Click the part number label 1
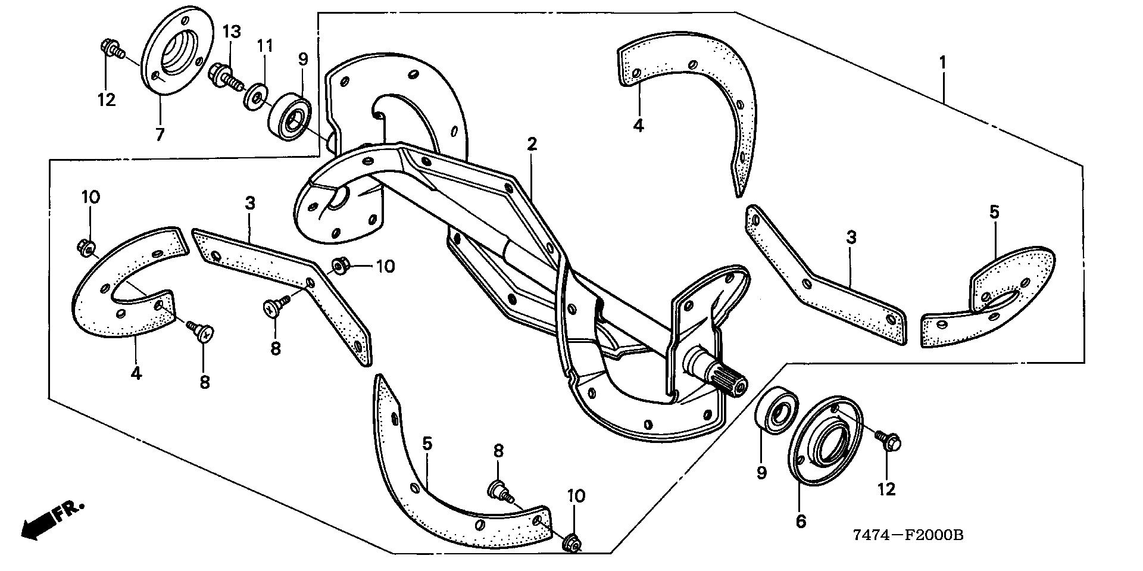click(942, 62)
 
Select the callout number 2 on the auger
click(532, 143)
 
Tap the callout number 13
click(232, 32)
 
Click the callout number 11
click(265, 45)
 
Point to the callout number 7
click(160, 135)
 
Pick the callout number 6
click(801, 522)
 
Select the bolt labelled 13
click(222, 76)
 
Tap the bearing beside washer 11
click(289, 116)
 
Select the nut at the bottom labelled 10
click(573, 543)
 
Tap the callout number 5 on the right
click(994, 212)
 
